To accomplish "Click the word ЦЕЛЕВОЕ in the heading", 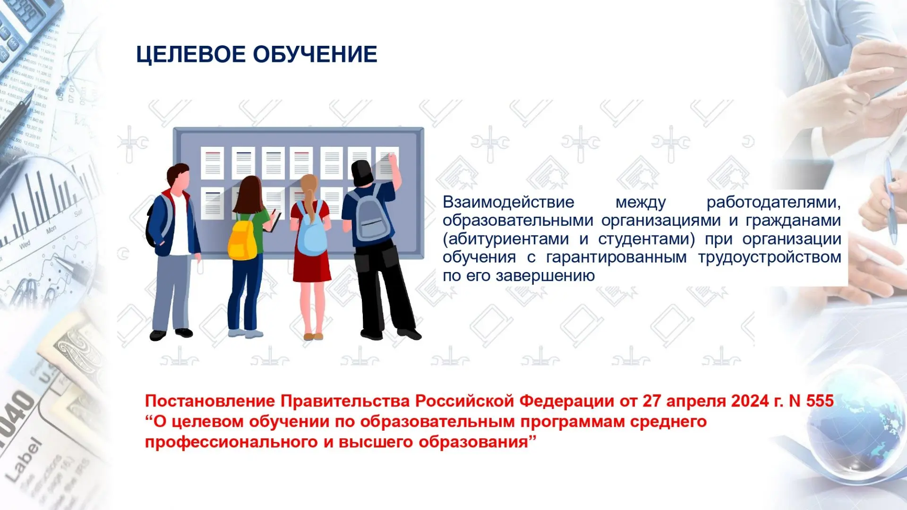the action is point(191,54).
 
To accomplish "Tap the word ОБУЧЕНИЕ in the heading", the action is point(315,54).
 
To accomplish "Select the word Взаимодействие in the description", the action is point(508,202).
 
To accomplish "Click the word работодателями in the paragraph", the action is point(774,203).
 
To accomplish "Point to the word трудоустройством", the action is point(770,257).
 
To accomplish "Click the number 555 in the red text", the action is point(820,401).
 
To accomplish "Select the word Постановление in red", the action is point(210,401).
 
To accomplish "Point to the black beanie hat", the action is point(362,172).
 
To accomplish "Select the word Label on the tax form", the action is point(24,460).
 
